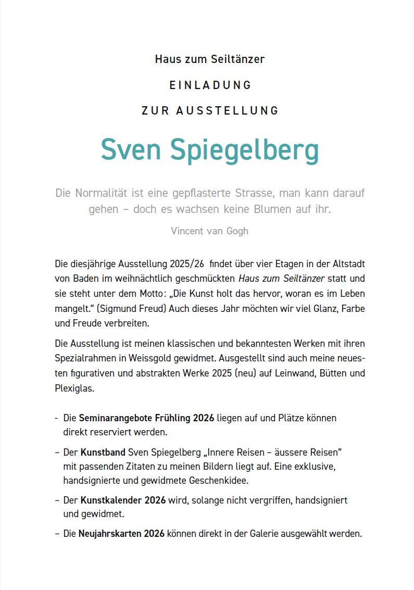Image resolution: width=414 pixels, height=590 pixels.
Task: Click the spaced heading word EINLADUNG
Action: coord(210,85)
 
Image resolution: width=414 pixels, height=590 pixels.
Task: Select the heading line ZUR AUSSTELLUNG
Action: coord(210,111)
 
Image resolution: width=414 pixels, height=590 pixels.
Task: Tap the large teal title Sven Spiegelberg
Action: coord(209,150)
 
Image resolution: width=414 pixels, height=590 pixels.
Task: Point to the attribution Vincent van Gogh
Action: coord(209,231)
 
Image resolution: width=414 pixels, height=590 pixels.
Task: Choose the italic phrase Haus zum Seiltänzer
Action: coord(281,279)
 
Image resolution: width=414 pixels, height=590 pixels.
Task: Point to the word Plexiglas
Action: coord(74,388)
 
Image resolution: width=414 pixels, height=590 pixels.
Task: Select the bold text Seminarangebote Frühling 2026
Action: coord(146,418)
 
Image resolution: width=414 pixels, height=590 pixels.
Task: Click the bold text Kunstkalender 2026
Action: coord(123,500)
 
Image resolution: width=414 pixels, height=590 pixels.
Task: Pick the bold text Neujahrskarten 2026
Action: coord(121,534)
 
